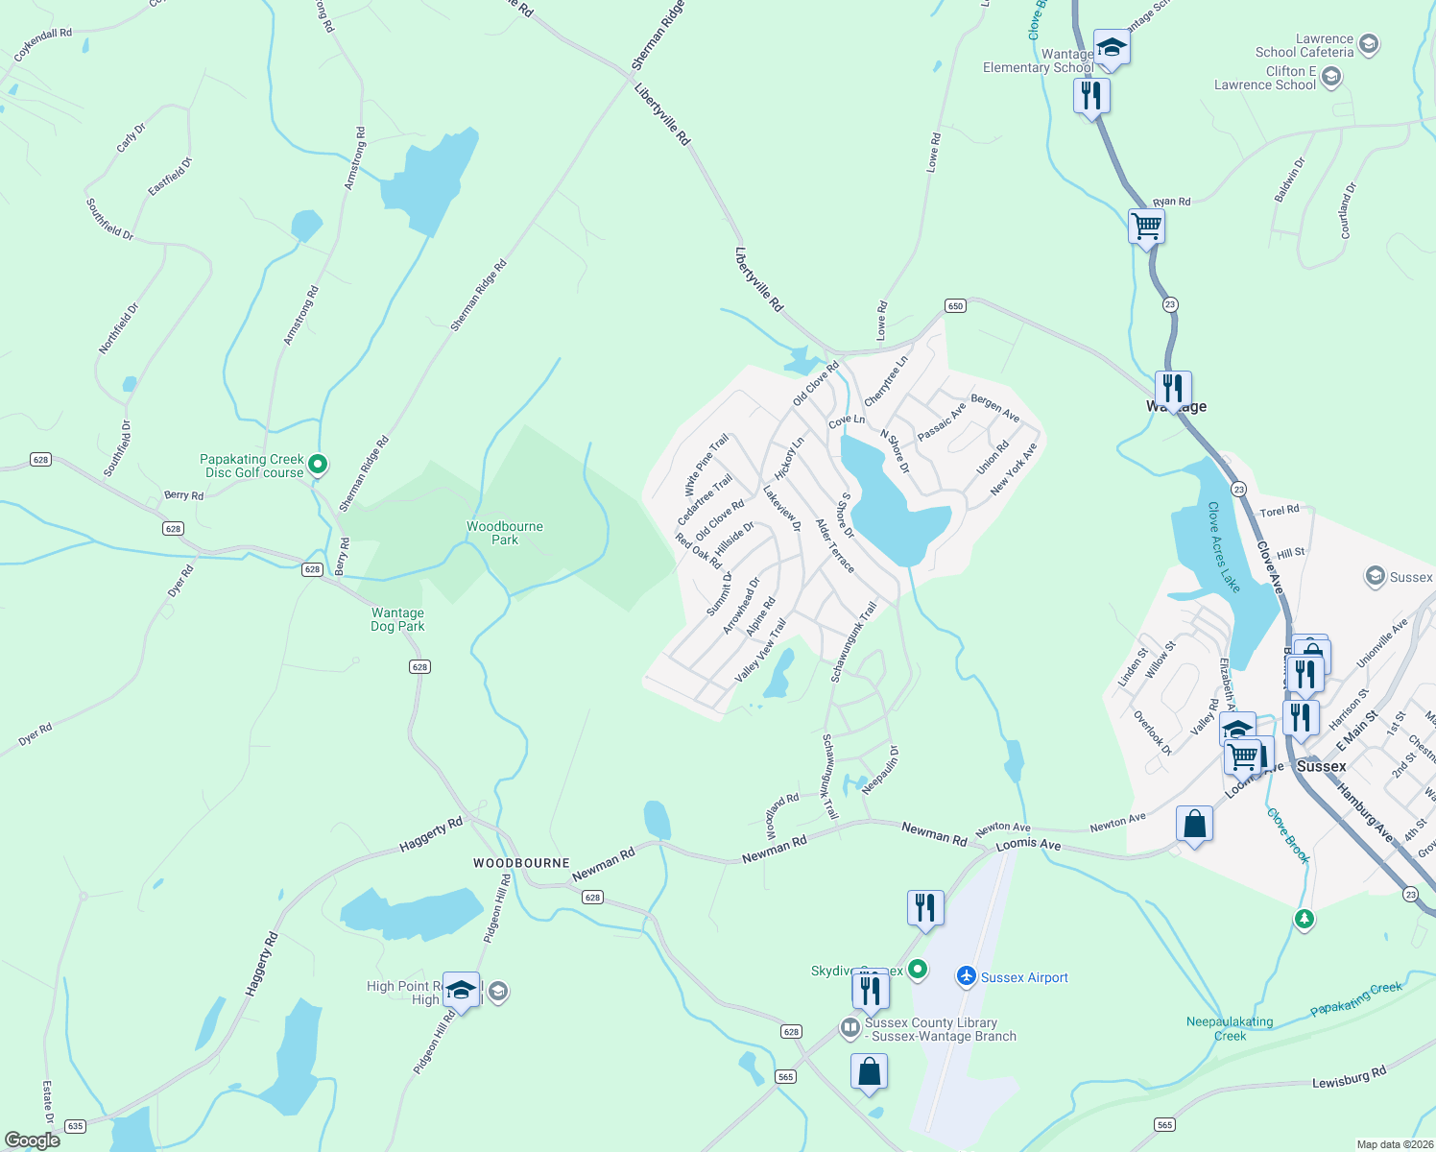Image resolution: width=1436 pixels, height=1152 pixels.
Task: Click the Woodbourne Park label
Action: tap(505, 533)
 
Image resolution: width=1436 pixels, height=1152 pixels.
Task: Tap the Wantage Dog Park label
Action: tap(397, 619)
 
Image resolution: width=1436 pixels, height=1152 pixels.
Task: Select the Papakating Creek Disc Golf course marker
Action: tap(318, 466)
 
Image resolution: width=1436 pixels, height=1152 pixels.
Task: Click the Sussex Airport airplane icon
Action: tap(967, 976)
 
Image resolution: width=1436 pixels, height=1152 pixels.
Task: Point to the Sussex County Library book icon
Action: tap(850, 1028)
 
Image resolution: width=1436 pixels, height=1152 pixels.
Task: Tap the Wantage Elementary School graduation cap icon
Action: tap(1111, 47)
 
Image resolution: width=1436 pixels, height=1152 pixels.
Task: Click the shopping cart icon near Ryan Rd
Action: tap(1146, 228)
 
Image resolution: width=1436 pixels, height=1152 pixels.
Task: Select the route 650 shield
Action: tap(954, 306)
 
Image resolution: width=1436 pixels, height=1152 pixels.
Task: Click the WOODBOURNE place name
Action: tap(521, 863)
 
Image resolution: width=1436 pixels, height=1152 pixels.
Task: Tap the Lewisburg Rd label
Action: tap(1349, 1077)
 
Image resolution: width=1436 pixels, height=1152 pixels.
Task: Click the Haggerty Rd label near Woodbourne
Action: tap(431, 835)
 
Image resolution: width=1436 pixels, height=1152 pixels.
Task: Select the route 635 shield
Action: tap(75, 1126)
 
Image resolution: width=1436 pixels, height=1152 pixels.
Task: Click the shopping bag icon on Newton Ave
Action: tap(1194, 824)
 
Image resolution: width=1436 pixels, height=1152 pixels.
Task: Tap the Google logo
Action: tap(32, 1140)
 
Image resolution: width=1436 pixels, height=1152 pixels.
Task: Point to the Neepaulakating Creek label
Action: tap(1230, 1028)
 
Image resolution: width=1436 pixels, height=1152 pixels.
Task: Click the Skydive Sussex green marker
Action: tap(918, 970)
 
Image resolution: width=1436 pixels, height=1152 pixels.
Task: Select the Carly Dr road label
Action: tap(131, 137)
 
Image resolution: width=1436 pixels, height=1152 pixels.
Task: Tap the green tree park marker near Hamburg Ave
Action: tap(1304, 920)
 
